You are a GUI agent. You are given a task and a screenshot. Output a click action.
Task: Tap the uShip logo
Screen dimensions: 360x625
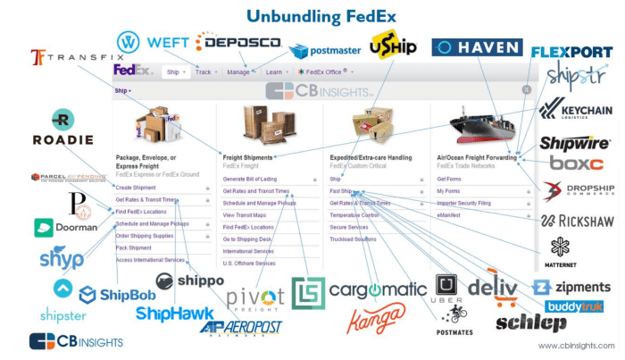(x=393, y=44)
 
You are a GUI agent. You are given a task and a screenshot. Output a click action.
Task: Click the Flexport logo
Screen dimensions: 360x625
(x=571, y=53)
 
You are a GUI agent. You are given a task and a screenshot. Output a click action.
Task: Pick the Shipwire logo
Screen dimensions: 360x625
(x=574, y=143)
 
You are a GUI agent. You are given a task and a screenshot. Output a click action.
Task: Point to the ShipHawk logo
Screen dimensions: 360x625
(x=175, y=314)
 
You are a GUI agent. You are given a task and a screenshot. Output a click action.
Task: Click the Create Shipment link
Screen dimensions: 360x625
(x=136, y=188)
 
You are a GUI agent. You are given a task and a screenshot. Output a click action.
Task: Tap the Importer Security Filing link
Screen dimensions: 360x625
(x=465, y=204)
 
